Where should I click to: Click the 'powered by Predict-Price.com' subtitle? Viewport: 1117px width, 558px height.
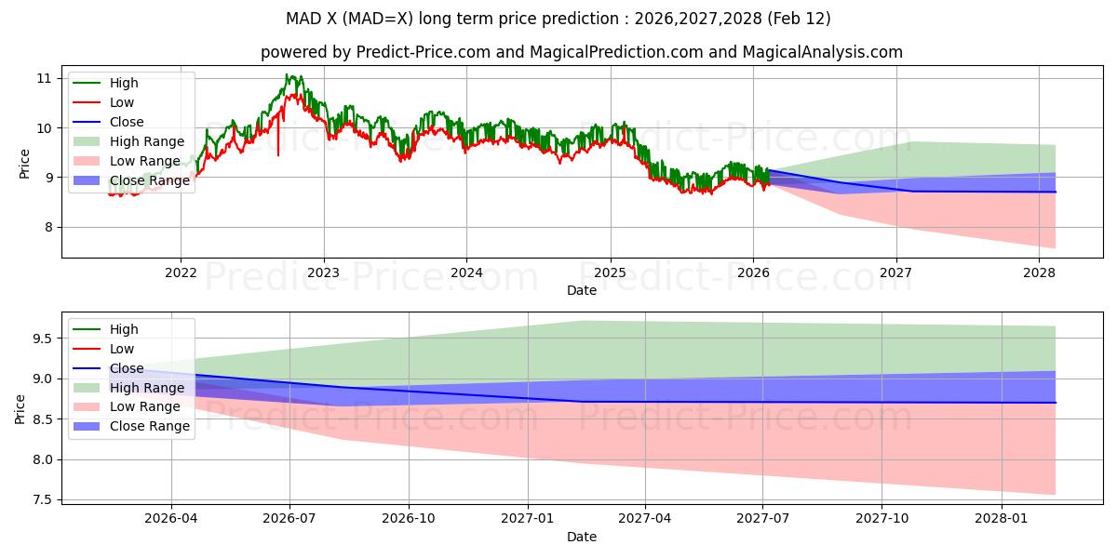(582, 52)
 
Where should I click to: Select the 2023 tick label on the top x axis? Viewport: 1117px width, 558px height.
(324, 272)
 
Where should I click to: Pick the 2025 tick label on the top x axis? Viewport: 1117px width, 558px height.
(611, 272)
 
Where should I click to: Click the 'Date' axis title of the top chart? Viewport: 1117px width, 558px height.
(582, 290)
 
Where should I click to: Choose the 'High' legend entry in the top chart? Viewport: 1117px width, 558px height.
(124, 84)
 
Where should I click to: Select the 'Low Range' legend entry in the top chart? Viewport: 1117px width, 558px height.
(145, 161)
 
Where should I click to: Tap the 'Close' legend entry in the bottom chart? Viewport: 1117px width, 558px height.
(127, 368)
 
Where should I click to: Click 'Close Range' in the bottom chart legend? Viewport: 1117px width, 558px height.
(149, 427)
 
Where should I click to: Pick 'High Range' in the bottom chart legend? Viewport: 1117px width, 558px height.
(147, 388)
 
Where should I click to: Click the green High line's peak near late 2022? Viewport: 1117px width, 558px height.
(289, 75)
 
